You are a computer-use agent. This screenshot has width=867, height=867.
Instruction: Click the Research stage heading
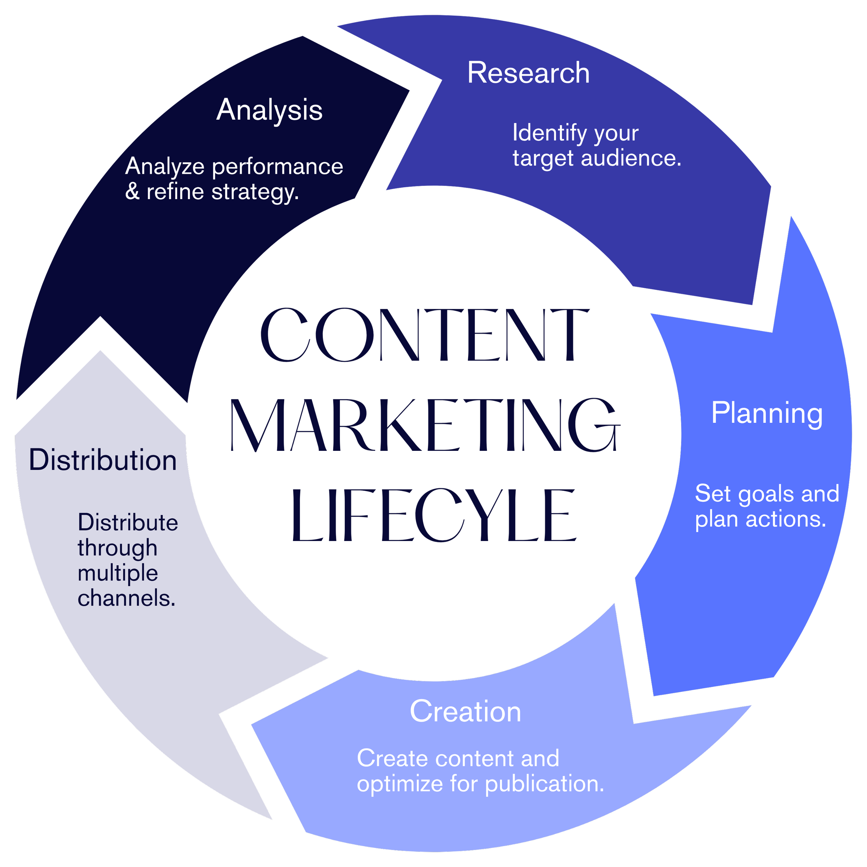click(x=528, y=73)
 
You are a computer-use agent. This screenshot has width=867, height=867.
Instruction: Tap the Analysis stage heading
click(x=269, y=110)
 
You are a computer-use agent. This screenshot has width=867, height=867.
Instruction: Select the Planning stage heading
click(x=767, y=413)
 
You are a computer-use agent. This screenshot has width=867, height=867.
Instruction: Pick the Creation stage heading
click(x=465, y=712)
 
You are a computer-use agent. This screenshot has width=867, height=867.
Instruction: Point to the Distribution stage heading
click(x=103, y=461)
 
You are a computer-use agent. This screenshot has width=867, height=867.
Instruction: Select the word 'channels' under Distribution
click(x=126, y=598)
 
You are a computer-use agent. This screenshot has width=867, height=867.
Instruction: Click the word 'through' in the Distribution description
click(x=117, y=548)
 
